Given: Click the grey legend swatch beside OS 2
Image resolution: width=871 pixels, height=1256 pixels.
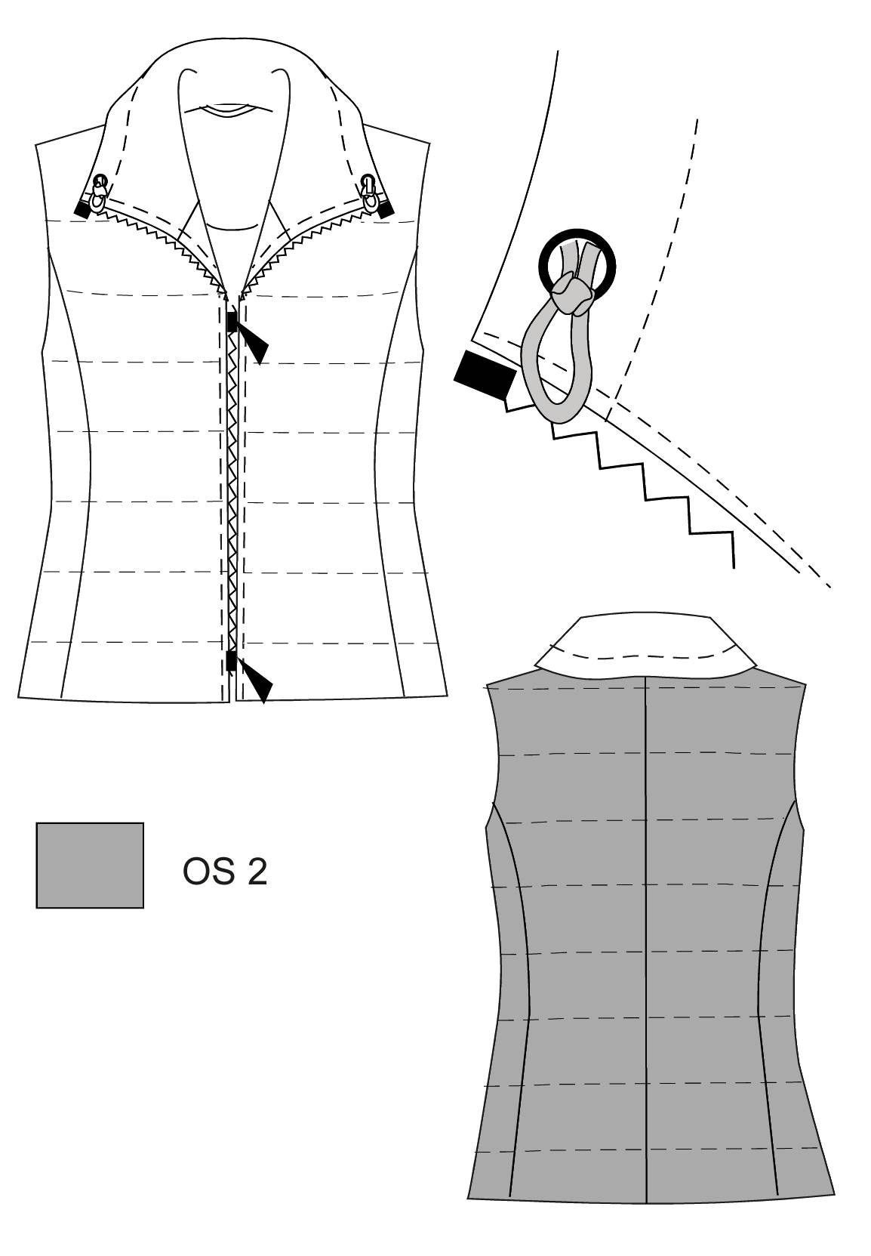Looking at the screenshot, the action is (x=90, y=865).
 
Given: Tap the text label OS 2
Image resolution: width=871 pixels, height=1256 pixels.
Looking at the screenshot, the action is (x=225, y=872).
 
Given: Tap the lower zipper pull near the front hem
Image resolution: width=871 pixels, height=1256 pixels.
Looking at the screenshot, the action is (x=250, y=677).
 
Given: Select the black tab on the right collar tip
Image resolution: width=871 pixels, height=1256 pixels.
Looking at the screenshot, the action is (x=386, y=210).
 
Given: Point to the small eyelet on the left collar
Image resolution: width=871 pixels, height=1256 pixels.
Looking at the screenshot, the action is (x=100, y=181).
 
